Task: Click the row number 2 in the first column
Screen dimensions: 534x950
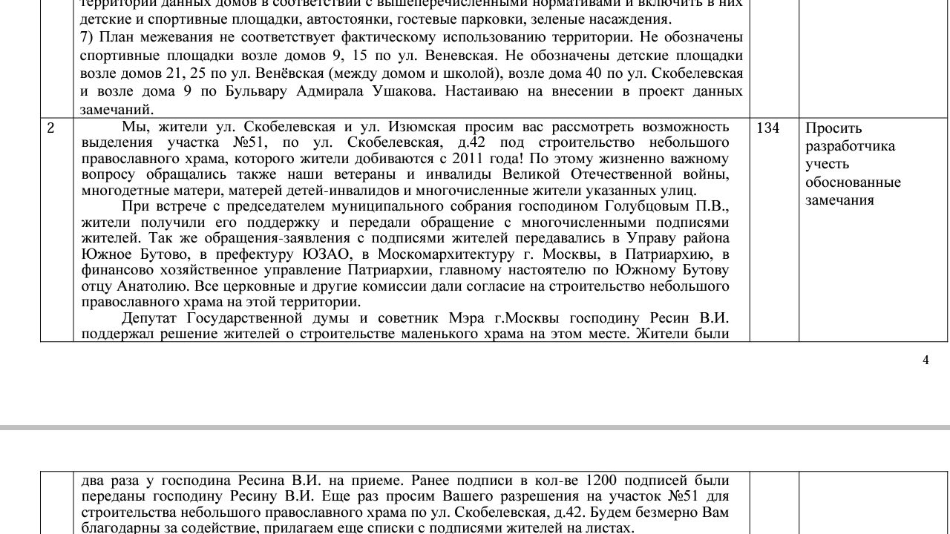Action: pos(50,128)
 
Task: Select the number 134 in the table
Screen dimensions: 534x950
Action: pos(767,128)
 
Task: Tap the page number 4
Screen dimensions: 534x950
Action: pos(926,360)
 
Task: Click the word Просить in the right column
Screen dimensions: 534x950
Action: pos(833,128)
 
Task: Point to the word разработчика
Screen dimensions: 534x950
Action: pos(850,146)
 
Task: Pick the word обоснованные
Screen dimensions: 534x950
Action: pos(853,182)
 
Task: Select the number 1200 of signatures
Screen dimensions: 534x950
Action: pos(601,480)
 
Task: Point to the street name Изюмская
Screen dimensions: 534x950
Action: pos(419,127)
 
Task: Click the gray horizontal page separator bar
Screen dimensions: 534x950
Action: pos(475,428)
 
